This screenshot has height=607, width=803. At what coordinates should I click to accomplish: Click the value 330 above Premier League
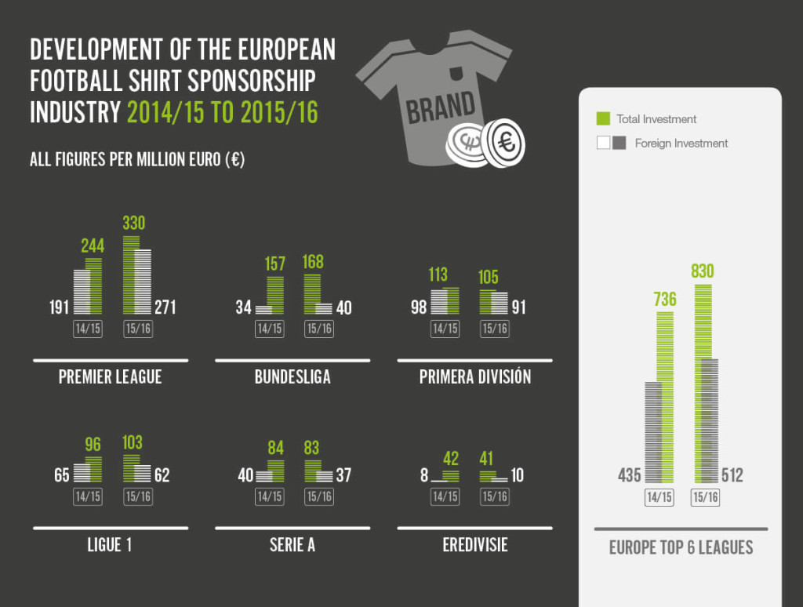[x=134, y=224]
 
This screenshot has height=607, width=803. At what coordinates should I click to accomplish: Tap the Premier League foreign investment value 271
[x=165, y=307]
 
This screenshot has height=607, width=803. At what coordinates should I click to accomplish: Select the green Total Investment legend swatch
[x=603, y=119]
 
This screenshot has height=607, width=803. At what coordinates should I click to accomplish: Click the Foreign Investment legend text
[x=681, y=144]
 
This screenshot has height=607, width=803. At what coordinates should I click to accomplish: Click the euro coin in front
[x=504, y=142]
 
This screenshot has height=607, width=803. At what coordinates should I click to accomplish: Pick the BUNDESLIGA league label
[x=292, y=377]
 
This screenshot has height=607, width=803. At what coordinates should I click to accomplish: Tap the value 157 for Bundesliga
[x=275, y=264]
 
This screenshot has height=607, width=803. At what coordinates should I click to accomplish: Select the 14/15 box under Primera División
[x=445, y=329]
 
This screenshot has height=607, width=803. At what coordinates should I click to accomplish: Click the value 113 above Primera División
[x=438, y=274]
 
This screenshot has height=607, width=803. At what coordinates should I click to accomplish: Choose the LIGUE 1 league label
[x=110, y=544]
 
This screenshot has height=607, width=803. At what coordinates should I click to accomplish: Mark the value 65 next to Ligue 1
[x=62, y=475]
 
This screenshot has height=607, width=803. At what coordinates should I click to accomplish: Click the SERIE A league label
[x=292, y=544]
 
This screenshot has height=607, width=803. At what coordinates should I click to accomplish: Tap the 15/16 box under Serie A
[x=318, y=496]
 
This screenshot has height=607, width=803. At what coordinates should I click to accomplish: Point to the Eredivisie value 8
[x=423, y=475]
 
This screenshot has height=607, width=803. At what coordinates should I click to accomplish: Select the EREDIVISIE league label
[x=475, y=544]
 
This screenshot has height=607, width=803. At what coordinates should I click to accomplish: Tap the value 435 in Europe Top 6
[x=629, y=475]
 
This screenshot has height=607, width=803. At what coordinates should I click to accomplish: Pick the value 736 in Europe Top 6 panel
[x=665, y=300]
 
